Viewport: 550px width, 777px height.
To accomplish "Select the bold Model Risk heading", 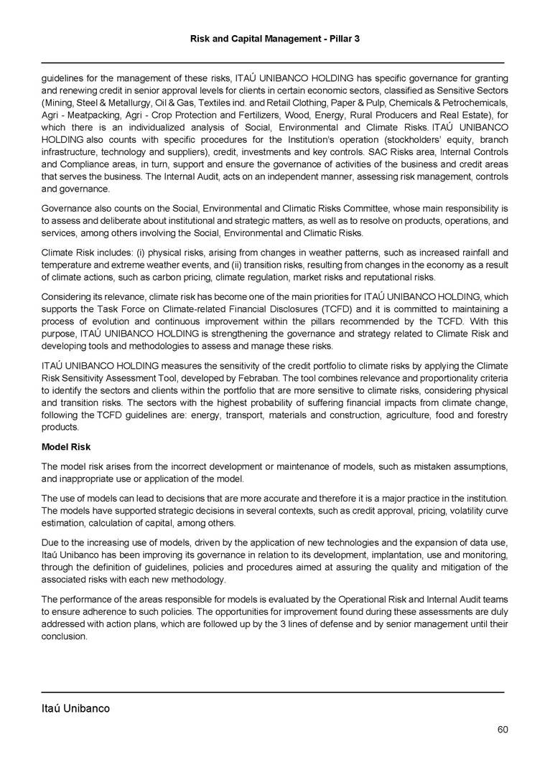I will [x=66, y=447].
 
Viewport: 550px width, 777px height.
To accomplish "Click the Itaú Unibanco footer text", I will [x=75, y=709].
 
